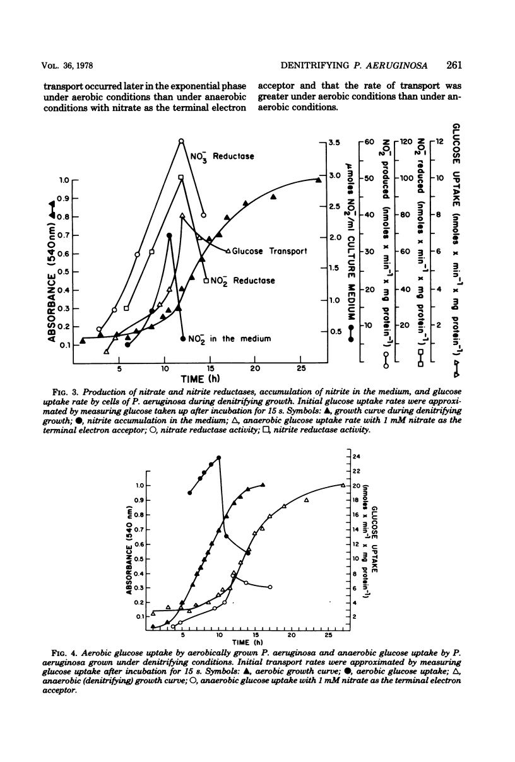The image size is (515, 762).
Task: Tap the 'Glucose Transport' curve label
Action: coord(269,250)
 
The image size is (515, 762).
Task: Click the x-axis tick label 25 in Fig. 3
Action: coord(301,368)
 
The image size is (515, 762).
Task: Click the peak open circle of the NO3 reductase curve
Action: coord(181,141)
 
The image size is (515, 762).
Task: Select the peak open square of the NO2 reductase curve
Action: coord(181,178)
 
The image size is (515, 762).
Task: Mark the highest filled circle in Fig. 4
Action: coord(219,457)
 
